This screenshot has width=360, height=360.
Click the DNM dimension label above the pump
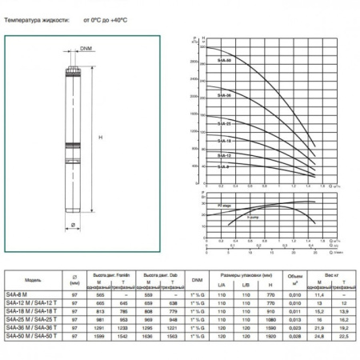86,50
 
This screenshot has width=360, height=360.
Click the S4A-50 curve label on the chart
226,60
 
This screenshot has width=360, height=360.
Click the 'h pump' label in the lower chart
256,216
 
